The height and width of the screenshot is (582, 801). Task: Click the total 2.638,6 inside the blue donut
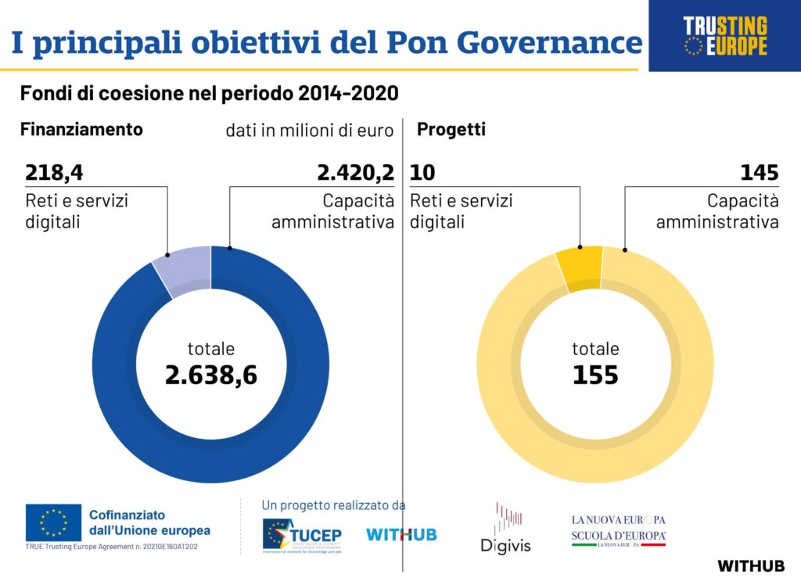point(211,375)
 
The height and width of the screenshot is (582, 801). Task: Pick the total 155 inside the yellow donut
point(595,375)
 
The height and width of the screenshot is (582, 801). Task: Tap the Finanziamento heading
point(81,129)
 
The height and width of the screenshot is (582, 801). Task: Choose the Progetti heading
point(451,129)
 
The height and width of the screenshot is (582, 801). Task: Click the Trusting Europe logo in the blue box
point(725,36)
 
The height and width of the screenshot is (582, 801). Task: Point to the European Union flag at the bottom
point(53,522)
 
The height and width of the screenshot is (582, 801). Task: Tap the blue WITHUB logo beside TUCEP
point(401,535)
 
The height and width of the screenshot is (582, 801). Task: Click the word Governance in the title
point(548,42)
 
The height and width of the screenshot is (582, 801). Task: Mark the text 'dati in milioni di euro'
point(310,131)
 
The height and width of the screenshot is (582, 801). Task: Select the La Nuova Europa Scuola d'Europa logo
point(619,530)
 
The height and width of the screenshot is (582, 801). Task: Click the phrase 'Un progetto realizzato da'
point(333,505)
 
